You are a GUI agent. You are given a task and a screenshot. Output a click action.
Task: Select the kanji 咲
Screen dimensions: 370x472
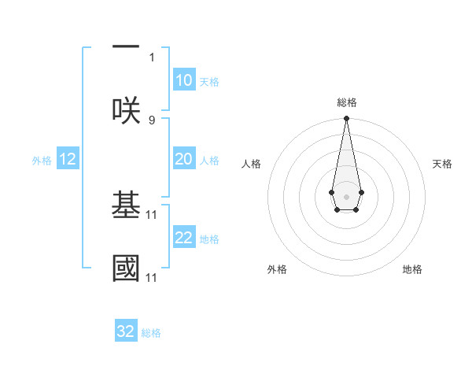click(126, 109)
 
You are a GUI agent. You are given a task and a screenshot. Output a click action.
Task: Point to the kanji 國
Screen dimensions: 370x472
click(126, 268)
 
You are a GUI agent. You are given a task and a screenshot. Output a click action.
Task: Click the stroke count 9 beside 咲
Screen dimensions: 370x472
click(152, 120)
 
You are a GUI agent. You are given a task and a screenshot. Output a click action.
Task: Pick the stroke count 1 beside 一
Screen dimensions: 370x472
click(152, 57)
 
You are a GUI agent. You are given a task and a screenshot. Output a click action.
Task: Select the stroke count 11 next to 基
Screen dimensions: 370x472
click(153, 214)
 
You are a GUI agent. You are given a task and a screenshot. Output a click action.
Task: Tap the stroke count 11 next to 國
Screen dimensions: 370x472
click(153, 277)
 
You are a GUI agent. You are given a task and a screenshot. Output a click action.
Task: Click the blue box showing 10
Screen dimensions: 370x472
click(183, 80)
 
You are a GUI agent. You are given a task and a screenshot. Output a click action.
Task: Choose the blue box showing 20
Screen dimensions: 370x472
click(183, 159)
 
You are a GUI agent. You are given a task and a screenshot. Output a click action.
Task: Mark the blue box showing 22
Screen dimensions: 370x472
click(183, 238)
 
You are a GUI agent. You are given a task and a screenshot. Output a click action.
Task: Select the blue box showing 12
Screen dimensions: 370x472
click(68, 159)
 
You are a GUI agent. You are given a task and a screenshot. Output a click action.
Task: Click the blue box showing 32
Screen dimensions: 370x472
click(126, 331)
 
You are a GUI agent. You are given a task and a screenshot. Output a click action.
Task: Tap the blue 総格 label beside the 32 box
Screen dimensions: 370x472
click(151, 333)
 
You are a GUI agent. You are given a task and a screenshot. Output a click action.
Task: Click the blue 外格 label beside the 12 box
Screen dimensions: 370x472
click(42, 161)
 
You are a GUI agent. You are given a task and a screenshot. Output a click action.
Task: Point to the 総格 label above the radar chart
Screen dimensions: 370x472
click(346, 102)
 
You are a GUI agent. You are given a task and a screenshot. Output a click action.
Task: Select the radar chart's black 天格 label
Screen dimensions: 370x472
click(442, 164)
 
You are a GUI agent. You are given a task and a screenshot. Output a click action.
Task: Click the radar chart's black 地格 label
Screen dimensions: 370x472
click(412, 269)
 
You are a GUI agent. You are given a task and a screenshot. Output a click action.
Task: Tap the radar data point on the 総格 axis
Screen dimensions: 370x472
click(346, 119)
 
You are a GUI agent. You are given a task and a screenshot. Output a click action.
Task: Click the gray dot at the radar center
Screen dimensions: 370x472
click(346, 195)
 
